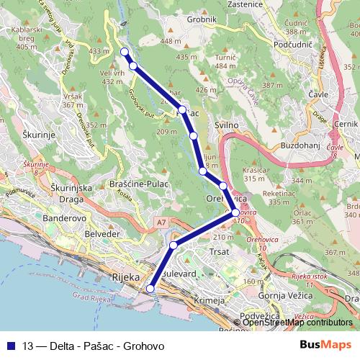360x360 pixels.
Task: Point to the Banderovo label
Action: coord(65,217)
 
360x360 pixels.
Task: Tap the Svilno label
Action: coord(226,125)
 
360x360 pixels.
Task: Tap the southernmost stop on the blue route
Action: coord(150,289)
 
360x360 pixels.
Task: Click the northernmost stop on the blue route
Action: coord(125,52)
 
